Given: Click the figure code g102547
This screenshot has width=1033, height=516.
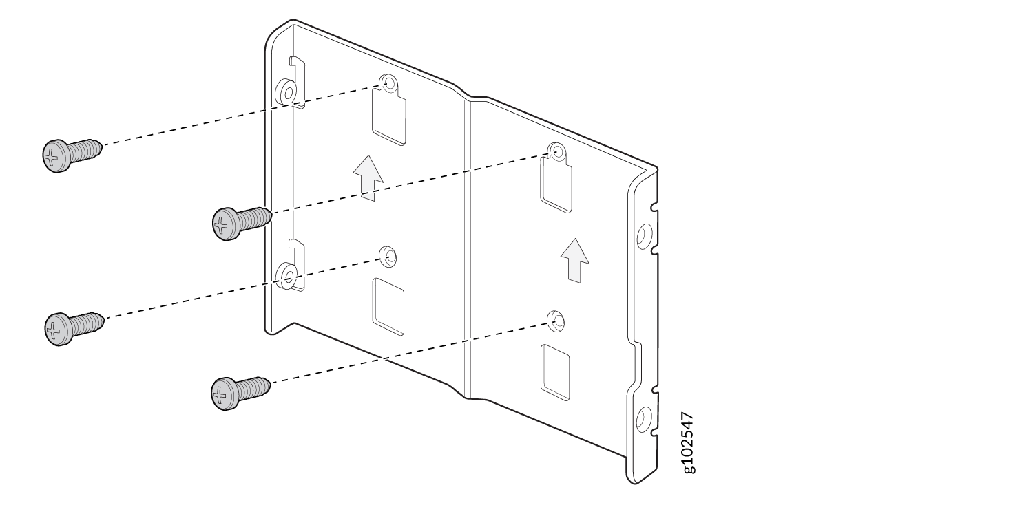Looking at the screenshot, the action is (688, 443).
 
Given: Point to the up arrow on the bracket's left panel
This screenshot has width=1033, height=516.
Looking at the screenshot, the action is (368, 178).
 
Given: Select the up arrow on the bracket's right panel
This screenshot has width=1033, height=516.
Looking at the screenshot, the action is (575, 260).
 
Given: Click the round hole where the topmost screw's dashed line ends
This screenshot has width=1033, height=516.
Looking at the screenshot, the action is (389, 84).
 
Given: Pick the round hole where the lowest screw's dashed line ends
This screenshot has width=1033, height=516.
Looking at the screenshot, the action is (556, 321).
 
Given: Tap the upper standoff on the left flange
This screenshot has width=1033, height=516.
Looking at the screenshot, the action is (286, 92).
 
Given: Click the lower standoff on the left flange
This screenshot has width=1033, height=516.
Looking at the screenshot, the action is (286, 276).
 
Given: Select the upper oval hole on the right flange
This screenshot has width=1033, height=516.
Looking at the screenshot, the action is (644, 237).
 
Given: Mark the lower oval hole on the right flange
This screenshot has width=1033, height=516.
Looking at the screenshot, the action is (643, 420).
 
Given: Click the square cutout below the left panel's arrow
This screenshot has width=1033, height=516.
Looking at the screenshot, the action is (388, 306).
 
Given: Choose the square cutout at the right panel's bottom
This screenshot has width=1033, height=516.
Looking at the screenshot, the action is (555, 372).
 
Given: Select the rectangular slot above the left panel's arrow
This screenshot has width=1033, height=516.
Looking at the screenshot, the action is (389, 116).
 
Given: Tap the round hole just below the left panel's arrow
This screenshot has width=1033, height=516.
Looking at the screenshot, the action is (388, 256).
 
